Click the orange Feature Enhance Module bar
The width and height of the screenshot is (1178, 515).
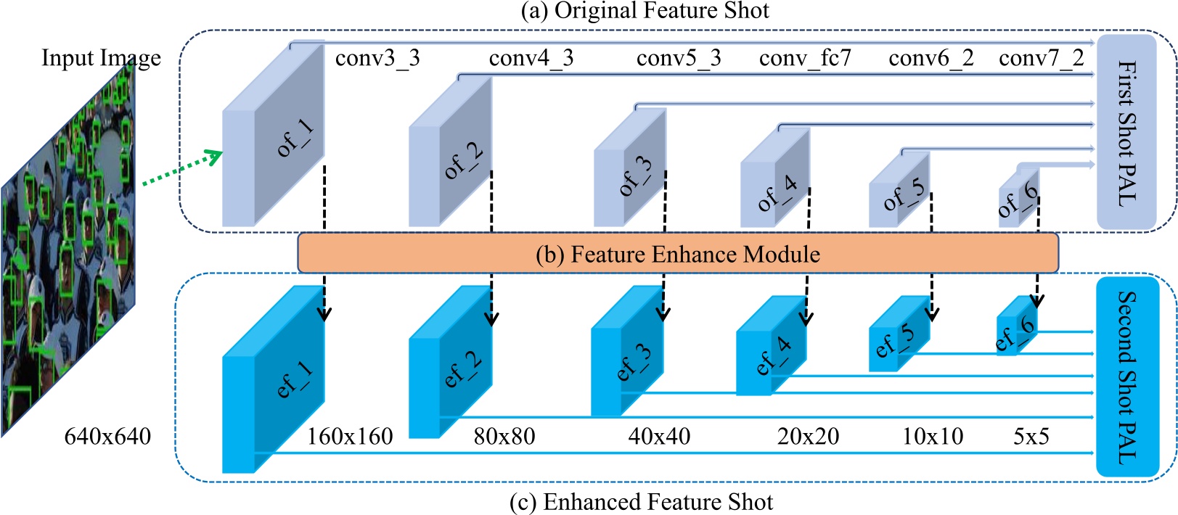[x=677, y=253]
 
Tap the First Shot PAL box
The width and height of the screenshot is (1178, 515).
[x=1126, y=132]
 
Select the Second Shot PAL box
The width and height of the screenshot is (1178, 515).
[x=1126, y=377]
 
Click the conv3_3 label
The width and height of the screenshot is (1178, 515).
[x=377, y=58]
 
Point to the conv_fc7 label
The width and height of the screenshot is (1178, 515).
[x=805, y=58]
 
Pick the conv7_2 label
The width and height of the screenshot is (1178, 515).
[x=1041, y=58]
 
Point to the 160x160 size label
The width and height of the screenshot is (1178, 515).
[x=350, y=437]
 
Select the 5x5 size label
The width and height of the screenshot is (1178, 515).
[x=1031, y=437]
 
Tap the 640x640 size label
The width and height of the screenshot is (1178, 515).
[x=107, y=437]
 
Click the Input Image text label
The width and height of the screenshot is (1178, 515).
[x=101, y=58]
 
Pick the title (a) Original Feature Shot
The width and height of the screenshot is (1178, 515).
[x=645, y=11]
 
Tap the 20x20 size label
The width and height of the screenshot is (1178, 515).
[x=808, y=437]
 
